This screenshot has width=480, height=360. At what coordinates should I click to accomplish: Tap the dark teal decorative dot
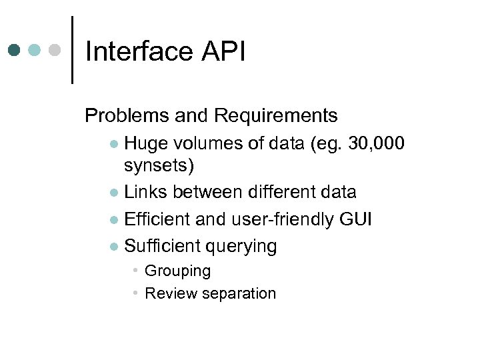pyautogui.click(x=15, y=50)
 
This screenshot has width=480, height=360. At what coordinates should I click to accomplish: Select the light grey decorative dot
pyautogui.click(x=56, y=50)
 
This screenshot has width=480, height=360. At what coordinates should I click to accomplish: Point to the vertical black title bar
pyautogui.click(x=71, y=50)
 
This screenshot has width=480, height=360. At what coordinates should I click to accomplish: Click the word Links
pyautogui.click(x=146, y=192)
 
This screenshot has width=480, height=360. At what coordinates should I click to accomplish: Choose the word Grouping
pyautogui.click(x=177, y=271)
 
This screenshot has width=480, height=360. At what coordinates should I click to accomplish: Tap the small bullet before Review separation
pyautogui.click(x=135, y=293)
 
